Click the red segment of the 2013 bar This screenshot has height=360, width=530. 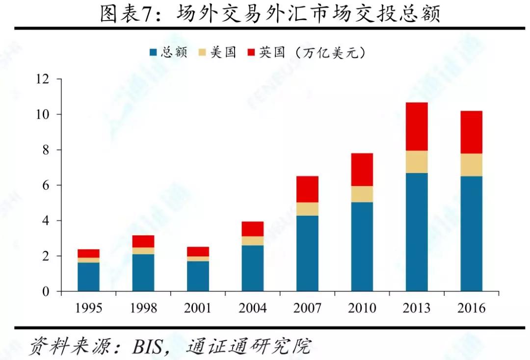click(x=417, y=127)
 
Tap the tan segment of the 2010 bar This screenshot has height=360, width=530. click(x=362, y=194)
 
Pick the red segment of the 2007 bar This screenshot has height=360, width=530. click(x=307, y=189)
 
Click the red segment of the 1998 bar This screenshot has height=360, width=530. click(x=143, y=241)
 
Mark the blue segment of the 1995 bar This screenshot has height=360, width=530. click(x=88, y=277)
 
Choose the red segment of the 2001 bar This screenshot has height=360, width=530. click(x=198, y=251)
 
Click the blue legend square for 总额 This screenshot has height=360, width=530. click(x=153, y=52)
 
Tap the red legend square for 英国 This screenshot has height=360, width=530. click(x=252, y=52)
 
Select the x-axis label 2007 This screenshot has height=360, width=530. click(x=307, y=308)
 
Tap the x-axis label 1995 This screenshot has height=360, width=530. click(x=88, y=308)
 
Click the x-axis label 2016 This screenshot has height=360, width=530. click(x=471, y=308)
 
